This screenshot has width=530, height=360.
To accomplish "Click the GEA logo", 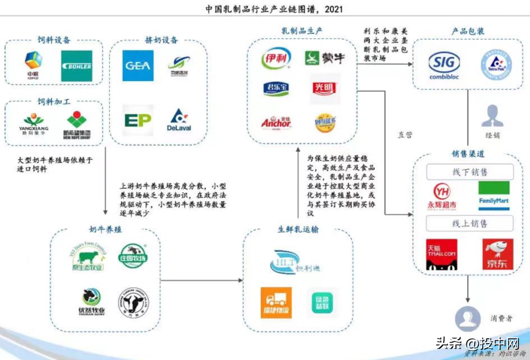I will pyautogui.click(x=138, y=65).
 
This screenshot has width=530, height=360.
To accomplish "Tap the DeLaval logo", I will pyautogui.click(x=179, y=120).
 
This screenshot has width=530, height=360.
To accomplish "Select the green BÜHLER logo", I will pyautogui.click(x=77, y=66).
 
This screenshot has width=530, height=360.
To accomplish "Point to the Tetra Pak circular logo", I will pyautogui.click(x=495, y=65).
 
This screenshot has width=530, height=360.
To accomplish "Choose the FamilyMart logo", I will pyautogui.click(x=493, y=195).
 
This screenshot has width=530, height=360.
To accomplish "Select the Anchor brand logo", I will pyautogui.click(x=276, y=122).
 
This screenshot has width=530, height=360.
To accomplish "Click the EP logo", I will pyautogui.click(x=138, y=120).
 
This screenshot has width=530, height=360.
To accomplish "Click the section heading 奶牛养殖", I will pyautogui.click(x=105, y=230).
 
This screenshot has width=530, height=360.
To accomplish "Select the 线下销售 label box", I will pyautogui.click(x=469, y=172).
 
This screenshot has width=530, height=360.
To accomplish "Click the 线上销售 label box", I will pyautogui.click(x=469, y=224).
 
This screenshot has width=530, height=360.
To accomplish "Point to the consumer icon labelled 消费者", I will pyautogui.click(x=468, y=319).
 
